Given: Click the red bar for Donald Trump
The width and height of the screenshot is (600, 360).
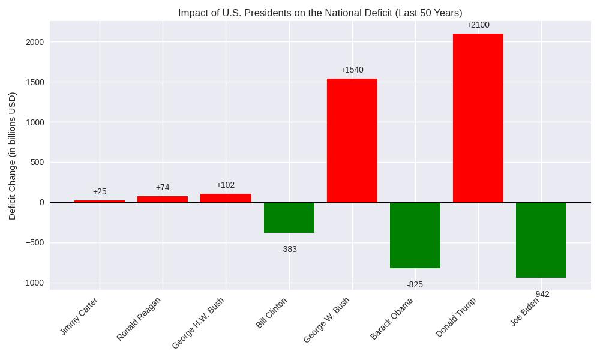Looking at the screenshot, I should point(478,118).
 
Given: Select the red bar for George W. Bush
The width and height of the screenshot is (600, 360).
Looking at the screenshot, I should point(352,140).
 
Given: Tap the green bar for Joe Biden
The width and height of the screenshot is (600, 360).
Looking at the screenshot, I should point(541,240).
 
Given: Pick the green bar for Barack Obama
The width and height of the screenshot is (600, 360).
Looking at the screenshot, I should point(415,235).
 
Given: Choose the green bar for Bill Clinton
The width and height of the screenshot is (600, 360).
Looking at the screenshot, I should point(289,217).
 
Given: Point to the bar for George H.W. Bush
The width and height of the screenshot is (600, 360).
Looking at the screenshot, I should point(226,198).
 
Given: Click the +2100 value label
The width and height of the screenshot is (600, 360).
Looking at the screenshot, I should point(478,25).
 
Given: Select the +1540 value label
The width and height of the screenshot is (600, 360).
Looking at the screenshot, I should point(352,70).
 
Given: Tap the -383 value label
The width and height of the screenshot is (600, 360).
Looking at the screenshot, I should point(289,250).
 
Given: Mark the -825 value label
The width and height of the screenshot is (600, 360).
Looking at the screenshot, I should point(415,285).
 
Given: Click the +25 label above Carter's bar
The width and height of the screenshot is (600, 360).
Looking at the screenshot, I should point(100,192).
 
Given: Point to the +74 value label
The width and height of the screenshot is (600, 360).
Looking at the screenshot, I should point(163,188).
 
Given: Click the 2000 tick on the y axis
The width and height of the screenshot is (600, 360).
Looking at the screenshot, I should point(35,42).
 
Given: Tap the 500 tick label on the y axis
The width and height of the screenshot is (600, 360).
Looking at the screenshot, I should point(37,162).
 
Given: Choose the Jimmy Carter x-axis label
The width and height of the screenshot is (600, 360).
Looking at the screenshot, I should point(79,316).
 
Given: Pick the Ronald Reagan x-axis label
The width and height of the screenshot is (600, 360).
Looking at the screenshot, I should point(139,319).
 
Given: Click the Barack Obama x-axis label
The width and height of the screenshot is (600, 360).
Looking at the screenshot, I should point(392,319).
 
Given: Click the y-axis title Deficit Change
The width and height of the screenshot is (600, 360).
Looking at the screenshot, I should point(13,155).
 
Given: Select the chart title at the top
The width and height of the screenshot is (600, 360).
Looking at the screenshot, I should point(320,13).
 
